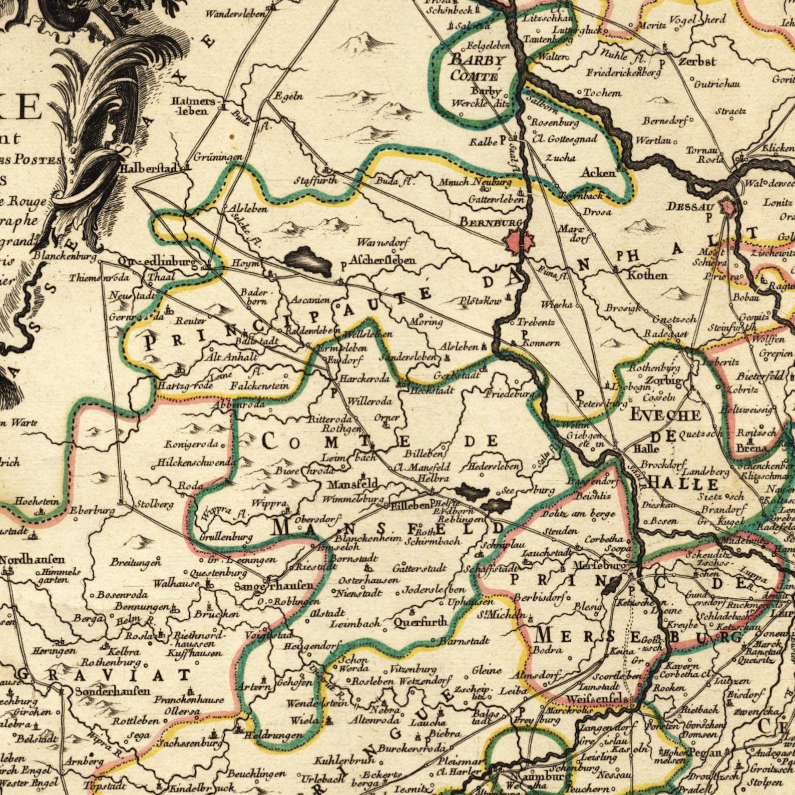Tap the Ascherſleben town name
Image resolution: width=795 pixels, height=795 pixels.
pyautogui.click(x=383, y=260)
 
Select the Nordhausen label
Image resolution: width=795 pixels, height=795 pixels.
pyautogui.click(x=32, y=560)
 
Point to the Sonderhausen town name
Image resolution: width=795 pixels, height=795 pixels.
pyautogui.click(x=113, y=691)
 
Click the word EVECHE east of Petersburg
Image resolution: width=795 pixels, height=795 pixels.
pyautogui.click(x=665, y=415)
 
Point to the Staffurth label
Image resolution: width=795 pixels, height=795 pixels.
pyautogui.click(x=315, y=180)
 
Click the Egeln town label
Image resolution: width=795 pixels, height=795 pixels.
pyautogui.click(x=288, y=96)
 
